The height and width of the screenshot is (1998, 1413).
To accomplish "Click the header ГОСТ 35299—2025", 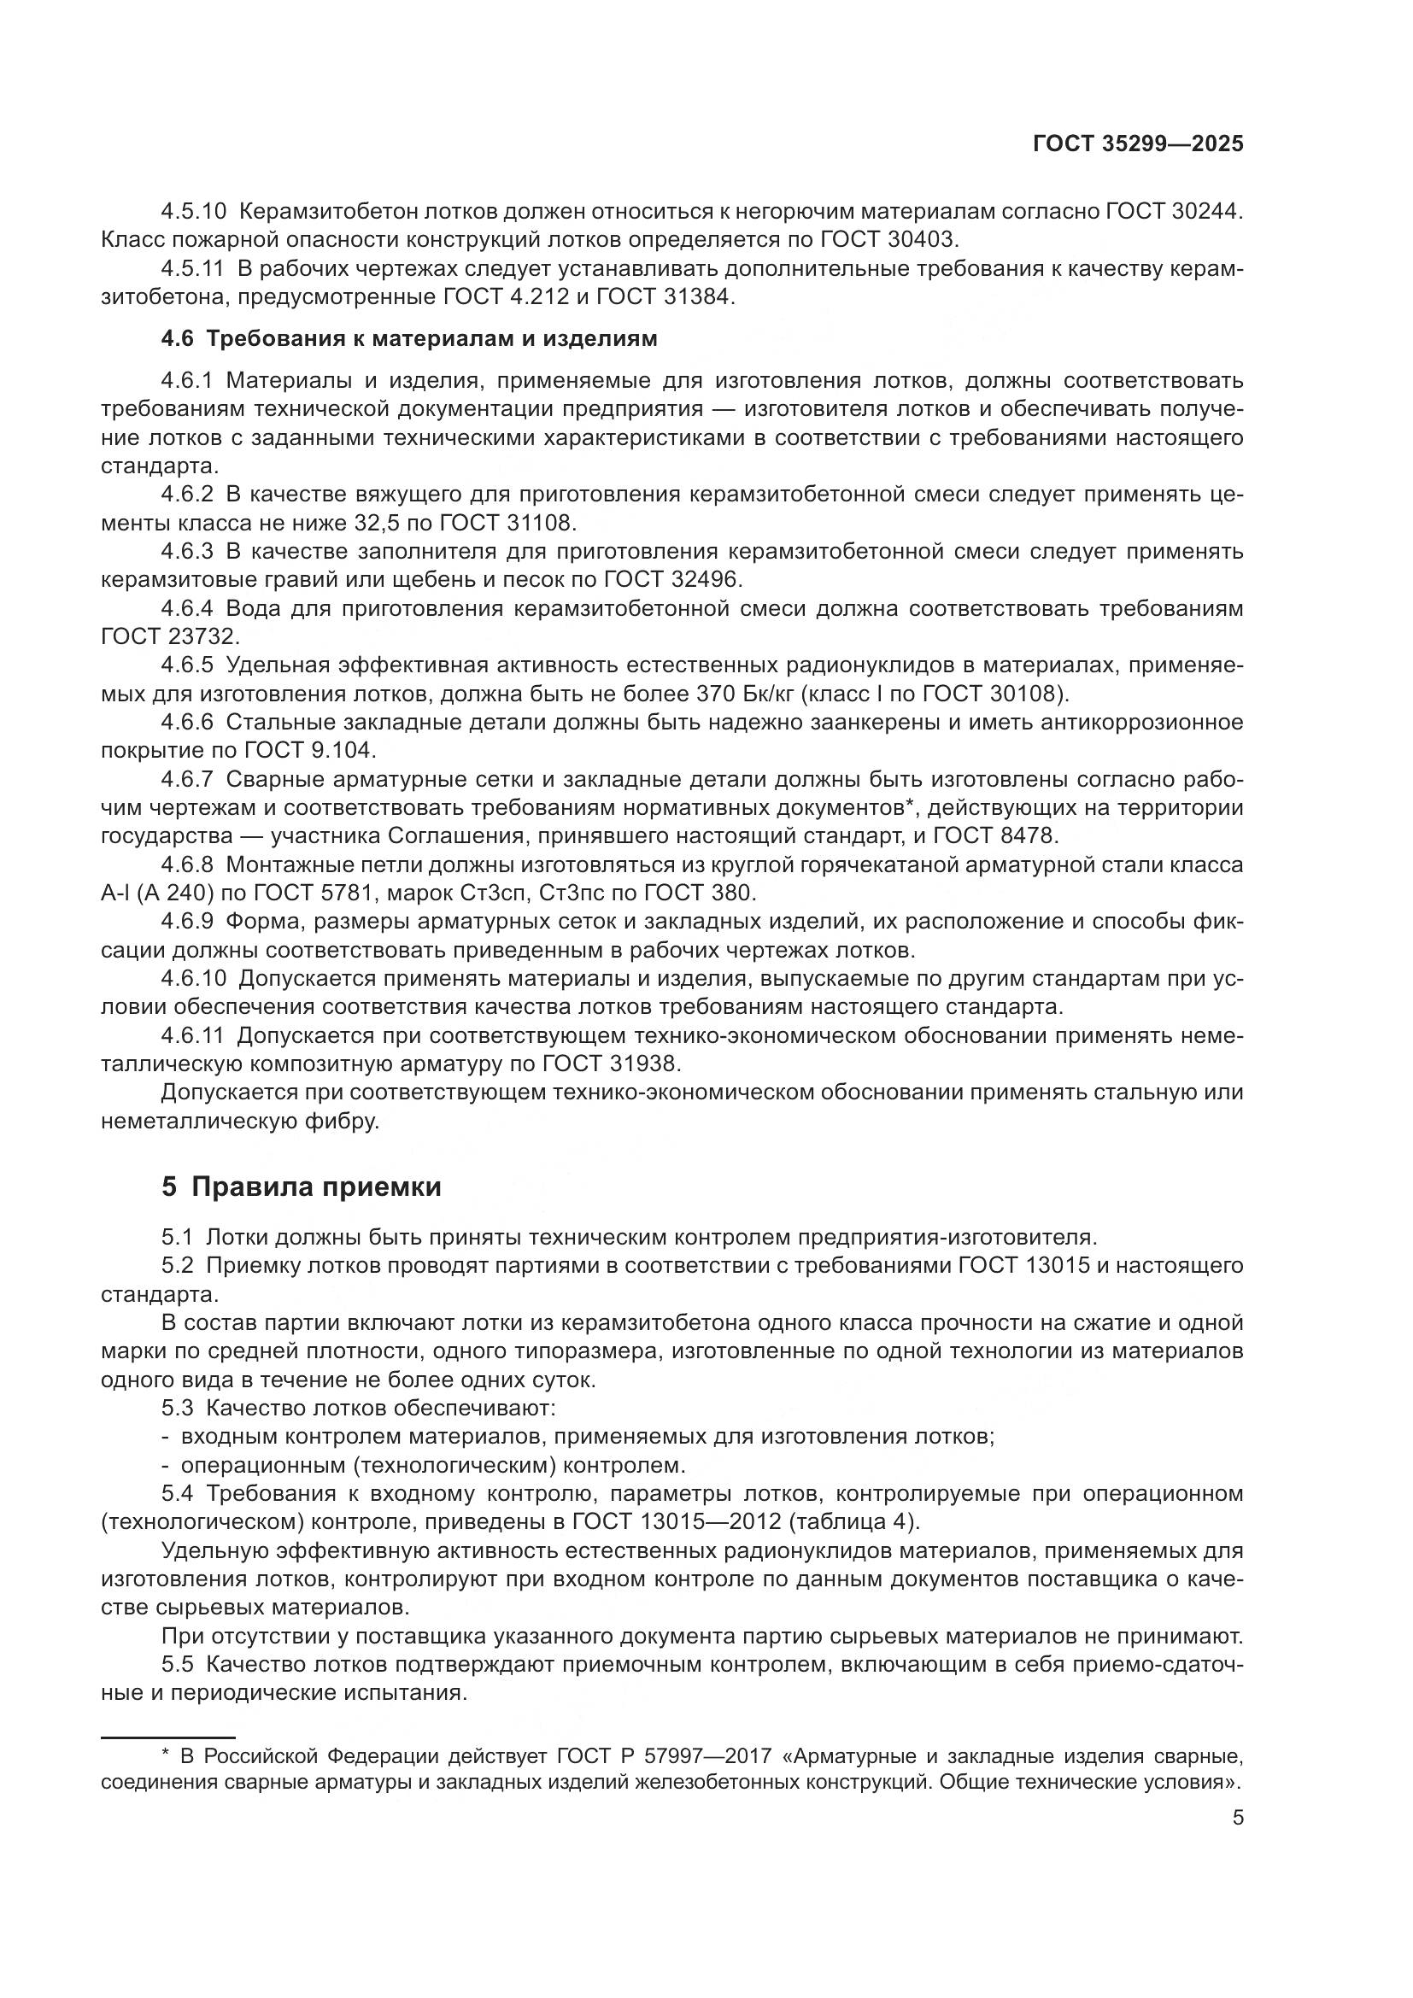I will (1138, 144).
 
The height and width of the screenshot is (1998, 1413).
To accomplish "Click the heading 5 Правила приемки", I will (301, 1187).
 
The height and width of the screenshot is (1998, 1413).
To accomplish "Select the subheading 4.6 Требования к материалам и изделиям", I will (409, 338).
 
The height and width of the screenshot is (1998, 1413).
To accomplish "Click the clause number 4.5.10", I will (193, 212).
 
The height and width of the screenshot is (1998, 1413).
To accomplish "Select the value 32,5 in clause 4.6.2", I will (407, 523).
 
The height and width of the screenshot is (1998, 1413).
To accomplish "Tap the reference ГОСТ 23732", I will (169, 637).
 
